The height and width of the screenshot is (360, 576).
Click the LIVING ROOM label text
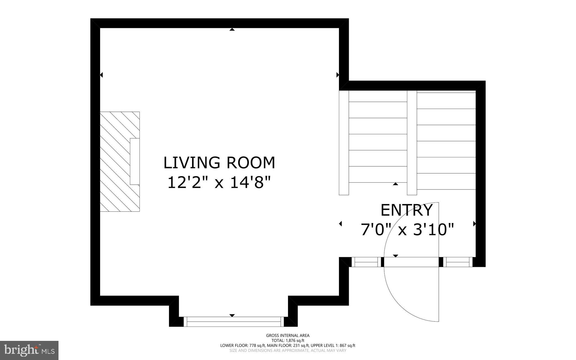coord(219,163)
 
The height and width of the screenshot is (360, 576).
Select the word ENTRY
coord(406,210)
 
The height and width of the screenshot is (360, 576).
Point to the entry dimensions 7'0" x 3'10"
coord(407,229)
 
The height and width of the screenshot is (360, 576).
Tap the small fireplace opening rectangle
coord(135,162)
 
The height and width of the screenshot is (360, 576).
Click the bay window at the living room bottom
coord(234,321)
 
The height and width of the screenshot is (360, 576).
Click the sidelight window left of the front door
coord(366,262)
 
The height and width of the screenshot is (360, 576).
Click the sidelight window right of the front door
coord(458,262)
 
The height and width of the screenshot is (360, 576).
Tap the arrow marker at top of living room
coord(232,29)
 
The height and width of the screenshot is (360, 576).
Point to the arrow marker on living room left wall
coord(102,75)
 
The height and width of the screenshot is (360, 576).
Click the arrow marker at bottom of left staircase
coord(395,184)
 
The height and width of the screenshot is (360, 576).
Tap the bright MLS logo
coord(29,350)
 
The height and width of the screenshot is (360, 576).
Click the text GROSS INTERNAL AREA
coord(288,336)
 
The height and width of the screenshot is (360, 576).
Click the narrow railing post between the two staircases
coord(412,143)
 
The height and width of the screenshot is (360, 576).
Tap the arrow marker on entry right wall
coord(474,224)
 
